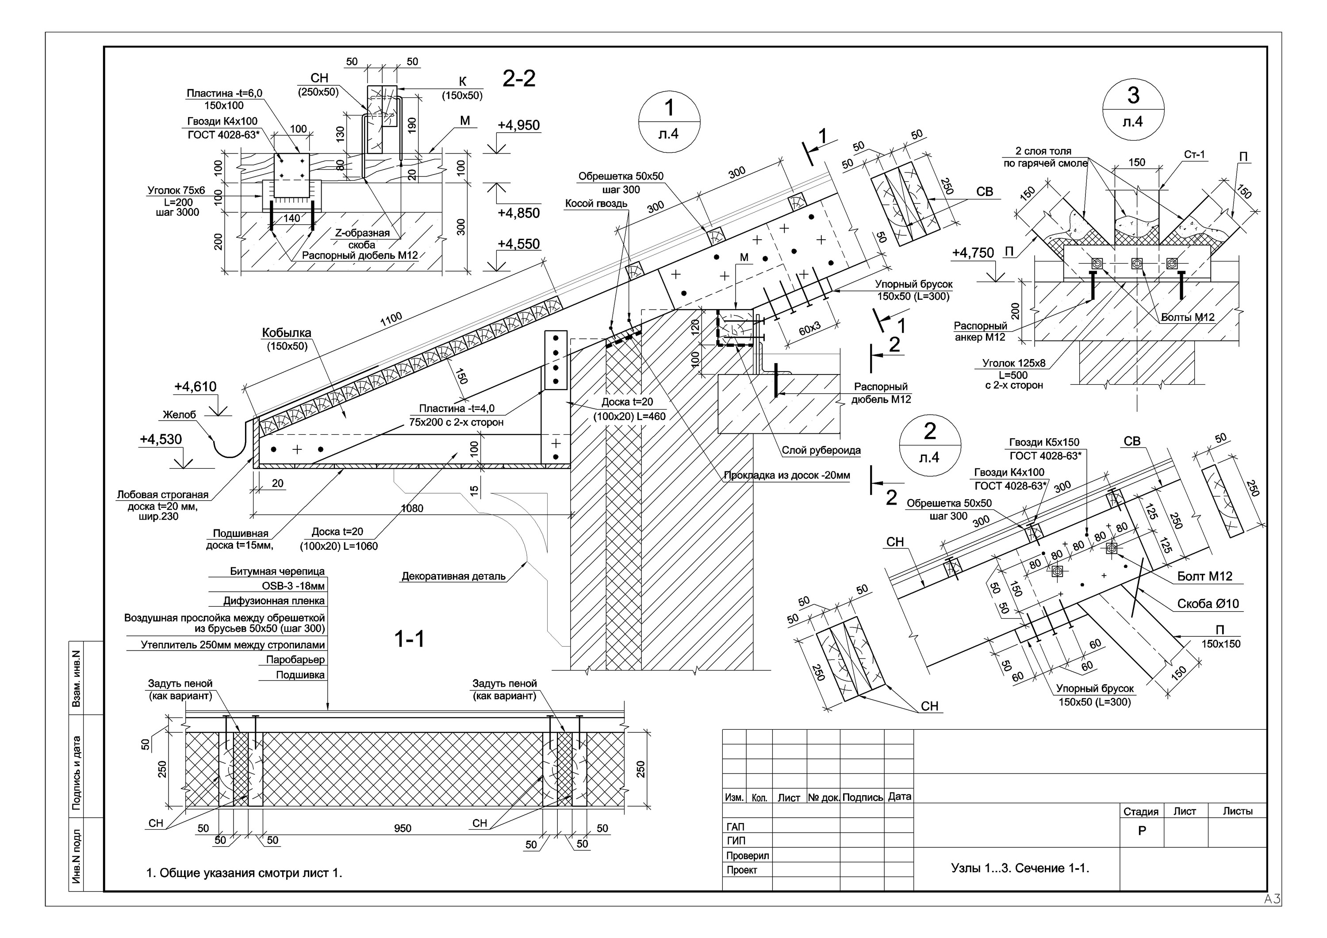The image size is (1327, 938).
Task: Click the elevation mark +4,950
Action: coord(518,126)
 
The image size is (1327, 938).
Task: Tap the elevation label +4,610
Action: coord(196,387)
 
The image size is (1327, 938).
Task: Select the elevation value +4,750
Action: coord(973,253)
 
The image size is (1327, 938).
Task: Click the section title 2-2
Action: coord(519,79)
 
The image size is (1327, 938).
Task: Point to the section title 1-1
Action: coord(409,639)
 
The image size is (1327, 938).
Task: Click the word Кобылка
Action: coord(287,333)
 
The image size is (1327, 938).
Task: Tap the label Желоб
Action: coord(179,414)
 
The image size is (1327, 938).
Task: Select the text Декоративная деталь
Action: coord(454,576)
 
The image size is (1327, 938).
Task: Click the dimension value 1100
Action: coord(391,320)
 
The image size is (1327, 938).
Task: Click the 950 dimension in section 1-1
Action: coord(403,828)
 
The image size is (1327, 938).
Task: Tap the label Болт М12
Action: coord(1205,576)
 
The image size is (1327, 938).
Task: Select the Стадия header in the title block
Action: coord(1141,812)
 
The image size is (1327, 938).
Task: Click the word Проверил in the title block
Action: coord(747,855)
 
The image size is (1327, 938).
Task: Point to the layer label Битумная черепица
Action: coord(277,571)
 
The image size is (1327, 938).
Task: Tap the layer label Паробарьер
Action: coord(295,659)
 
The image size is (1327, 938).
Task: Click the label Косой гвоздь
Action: coord(596,203)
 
